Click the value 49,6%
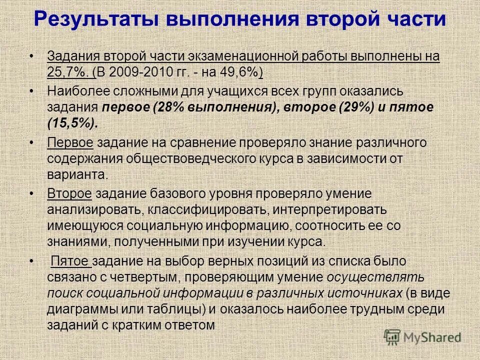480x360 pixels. [243, 72]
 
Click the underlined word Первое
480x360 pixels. [70, 142]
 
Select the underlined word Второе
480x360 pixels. [69, 193]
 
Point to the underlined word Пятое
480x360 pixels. [70, 260]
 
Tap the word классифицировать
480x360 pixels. [192, 209]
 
